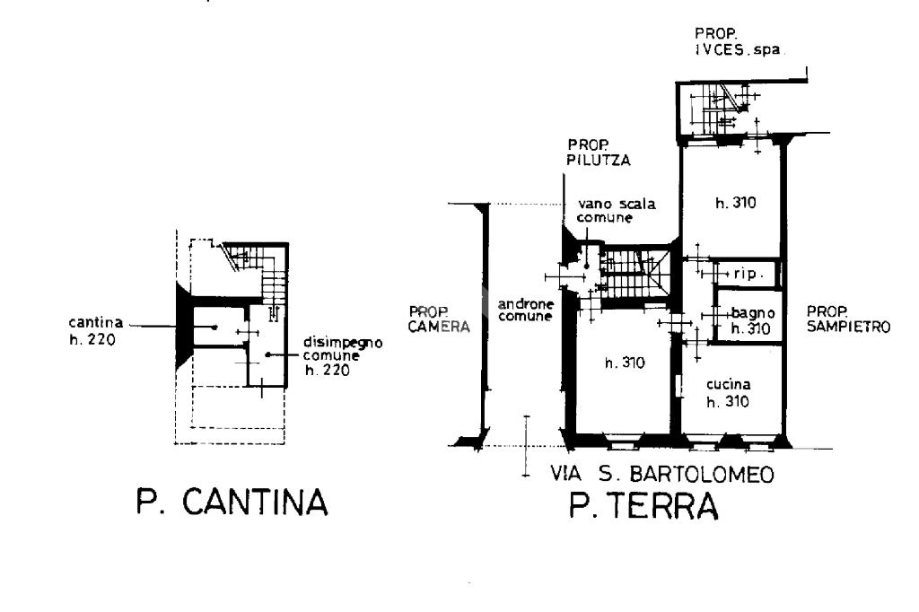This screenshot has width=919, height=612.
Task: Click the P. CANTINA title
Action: pos(232,502)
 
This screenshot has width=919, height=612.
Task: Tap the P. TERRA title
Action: pos(643,505)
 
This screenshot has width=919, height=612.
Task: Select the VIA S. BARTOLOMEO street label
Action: pos(662,474)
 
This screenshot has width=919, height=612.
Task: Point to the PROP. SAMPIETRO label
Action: pos(848,319)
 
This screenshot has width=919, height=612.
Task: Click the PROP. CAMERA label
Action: pos(439,319)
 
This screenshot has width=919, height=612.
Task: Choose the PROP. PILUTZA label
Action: pos(599,153)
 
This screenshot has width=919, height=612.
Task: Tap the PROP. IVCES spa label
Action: pos(738,41)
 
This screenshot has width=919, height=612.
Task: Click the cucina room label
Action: pos(728,385)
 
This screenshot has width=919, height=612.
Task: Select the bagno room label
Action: pos(753,313)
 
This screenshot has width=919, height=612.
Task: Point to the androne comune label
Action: pos(526,310)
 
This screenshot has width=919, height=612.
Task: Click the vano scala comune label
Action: pos(616,211)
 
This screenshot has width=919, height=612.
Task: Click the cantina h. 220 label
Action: pos(96,330)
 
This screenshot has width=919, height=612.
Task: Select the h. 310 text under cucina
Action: pos(728,401)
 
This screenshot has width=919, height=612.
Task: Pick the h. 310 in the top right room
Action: pos(736,203)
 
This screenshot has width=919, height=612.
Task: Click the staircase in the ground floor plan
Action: pos(636,274)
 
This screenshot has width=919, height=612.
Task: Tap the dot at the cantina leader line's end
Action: pos(215,328)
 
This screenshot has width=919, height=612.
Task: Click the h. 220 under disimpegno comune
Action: pos(327,370)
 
